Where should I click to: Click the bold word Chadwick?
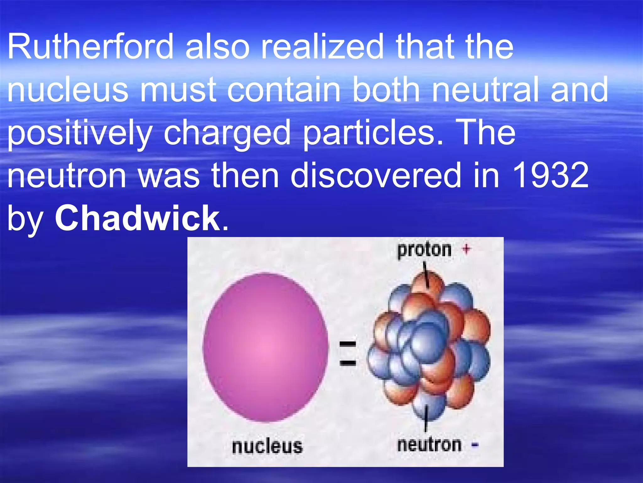138,218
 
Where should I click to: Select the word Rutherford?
90,46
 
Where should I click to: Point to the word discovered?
376,175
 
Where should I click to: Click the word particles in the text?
373,133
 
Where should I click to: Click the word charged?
227,133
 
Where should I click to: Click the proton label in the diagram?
424,250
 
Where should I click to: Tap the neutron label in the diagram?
429,445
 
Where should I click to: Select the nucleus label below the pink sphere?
267,446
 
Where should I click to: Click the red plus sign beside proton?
467,249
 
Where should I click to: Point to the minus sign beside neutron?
475,445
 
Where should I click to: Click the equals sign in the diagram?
348,353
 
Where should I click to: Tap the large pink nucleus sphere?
265,347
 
